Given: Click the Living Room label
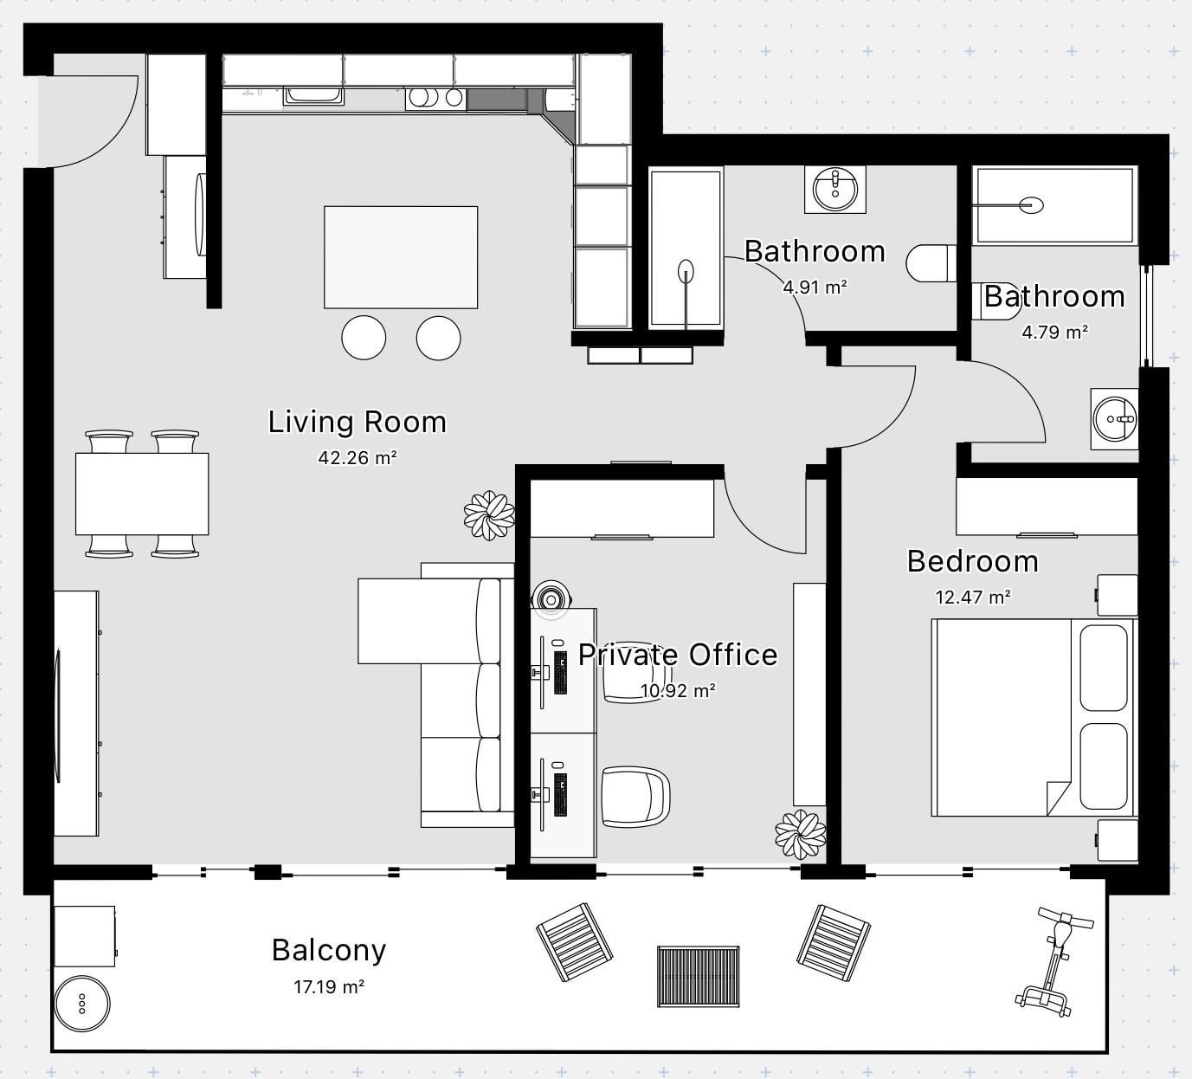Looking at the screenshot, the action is (358, 422).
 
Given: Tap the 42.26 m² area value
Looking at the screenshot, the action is (358, 458).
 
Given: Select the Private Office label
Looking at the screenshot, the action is (678, 655).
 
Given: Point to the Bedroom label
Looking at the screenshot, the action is (973, 561).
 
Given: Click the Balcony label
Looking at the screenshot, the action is (329, 950).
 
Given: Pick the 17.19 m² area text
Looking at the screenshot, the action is (329, 987).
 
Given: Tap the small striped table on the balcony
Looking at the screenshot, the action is (699, 977).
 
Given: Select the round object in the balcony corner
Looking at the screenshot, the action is (82, 1004).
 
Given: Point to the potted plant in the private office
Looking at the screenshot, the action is (801, 834).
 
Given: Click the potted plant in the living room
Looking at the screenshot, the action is (489, 515).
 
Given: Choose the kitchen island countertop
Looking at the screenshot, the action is (401, 257).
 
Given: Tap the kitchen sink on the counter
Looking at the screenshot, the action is (313, 96).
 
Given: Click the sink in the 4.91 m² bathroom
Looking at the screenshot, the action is (834, 189).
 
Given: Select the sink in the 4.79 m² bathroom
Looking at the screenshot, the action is (1114, 418).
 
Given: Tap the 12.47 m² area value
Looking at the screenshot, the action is (973, 597).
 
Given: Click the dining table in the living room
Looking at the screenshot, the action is (142, 494).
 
